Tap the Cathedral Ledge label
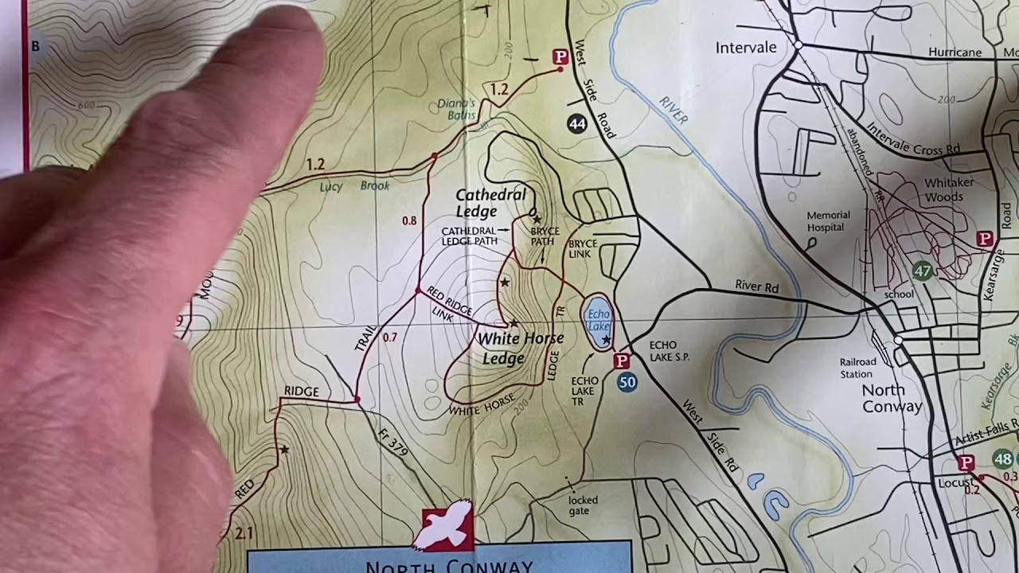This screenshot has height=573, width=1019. [490, 203]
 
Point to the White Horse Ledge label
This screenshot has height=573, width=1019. [521, 348]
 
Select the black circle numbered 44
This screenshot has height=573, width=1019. [577, 123]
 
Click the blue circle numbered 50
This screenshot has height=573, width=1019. [627, 383]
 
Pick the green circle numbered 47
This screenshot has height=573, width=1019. [922, 271]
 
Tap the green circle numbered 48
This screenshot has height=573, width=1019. [1003, 459]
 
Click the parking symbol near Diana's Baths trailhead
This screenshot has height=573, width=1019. [560, 57]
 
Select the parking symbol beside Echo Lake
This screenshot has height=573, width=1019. [622, 361]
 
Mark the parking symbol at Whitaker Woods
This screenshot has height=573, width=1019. [985, 239]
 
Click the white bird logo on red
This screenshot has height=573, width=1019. [447, 526]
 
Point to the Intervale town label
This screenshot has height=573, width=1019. [746, 48]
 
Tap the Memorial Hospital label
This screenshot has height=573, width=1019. [828, 221]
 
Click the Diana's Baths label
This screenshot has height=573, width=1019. [456, 109]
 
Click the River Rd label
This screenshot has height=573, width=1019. [756, 286]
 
